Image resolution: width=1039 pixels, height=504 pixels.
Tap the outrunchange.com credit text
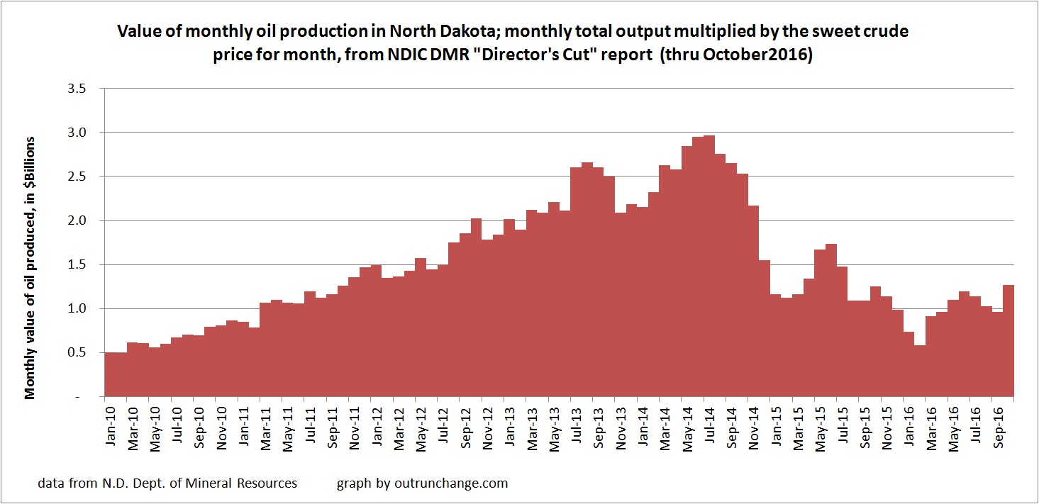pyautogui.click(x=422, y=484)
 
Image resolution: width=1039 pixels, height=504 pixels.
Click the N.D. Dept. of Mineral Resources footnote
pyautogui.click(x=168, y=484)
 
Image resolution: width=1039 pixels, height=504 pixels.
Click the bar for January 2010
pyautogui.click(x=110, y=376)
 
